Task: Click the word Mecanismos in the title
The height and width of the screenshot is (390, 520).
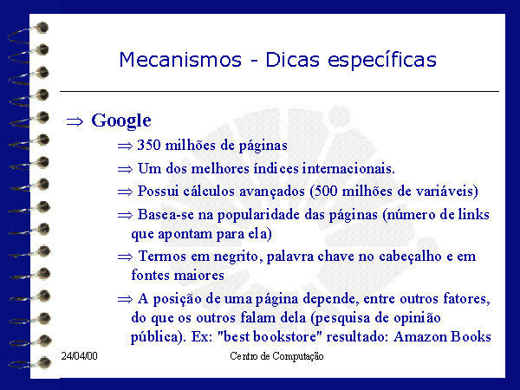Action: click(180, 60)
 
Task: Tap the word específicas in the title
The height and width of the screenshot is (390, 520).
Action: click(382, 61)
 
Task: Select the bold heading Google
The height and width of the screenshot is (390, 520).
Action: click(121, 120)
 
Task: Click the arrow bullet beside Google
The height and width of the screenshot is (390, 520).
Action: click(75, 121)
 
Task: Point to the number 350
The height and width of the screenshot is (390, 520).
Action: click(149, 145)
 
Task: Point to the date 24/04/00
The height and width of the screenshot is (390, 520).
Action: click(79, 356)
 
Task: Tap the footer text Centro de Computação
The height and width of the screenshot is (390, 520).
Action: click(276, 356)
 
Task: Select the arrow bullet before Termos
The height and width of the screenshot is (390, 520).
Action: click(125, 257)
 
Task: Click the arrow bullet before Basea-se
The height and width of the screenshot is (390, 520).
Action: click(125, 216)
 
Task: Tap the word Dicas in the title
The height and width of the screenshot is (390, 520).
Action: click(293, 60)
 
